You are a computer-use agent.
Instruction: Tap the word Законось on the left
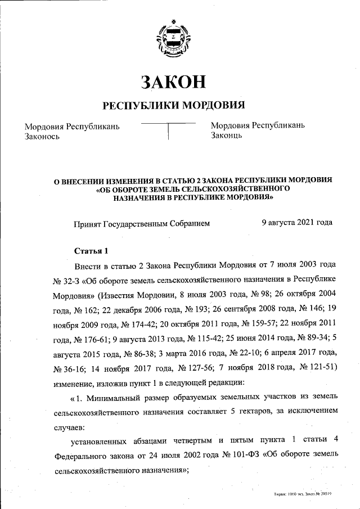[42, 136]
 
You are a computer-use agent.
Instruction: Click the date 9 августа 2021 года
[297, 223]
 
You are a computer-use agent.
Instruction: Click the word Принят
[87, 223]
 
